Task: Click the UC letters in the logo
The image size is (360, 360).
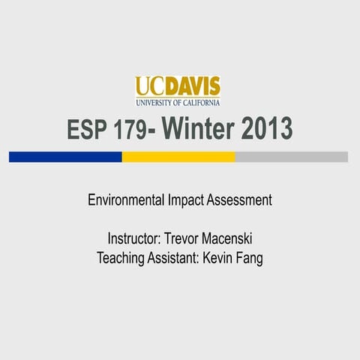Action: click(148, 86)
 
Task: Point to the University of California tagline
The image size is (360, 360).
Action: click(178, 102)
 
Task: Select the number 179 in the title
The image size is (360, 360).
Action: click(132, 130)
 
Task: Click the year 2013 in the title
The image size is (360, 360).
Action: click(266, 130)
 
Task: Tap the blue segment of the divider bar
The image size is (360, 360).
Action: click(65, 157)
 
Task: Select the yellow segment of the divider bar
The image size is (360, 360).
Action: click(178, 157)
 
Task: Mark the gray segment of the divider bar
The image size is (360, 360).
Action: click(292, 157)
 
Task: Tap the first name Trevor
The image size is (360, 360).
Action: click(187, 240)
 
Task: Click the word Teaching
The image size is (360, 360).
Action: click(121, 259)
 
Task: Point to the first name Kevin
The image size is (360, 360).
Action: click(222, 259)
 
